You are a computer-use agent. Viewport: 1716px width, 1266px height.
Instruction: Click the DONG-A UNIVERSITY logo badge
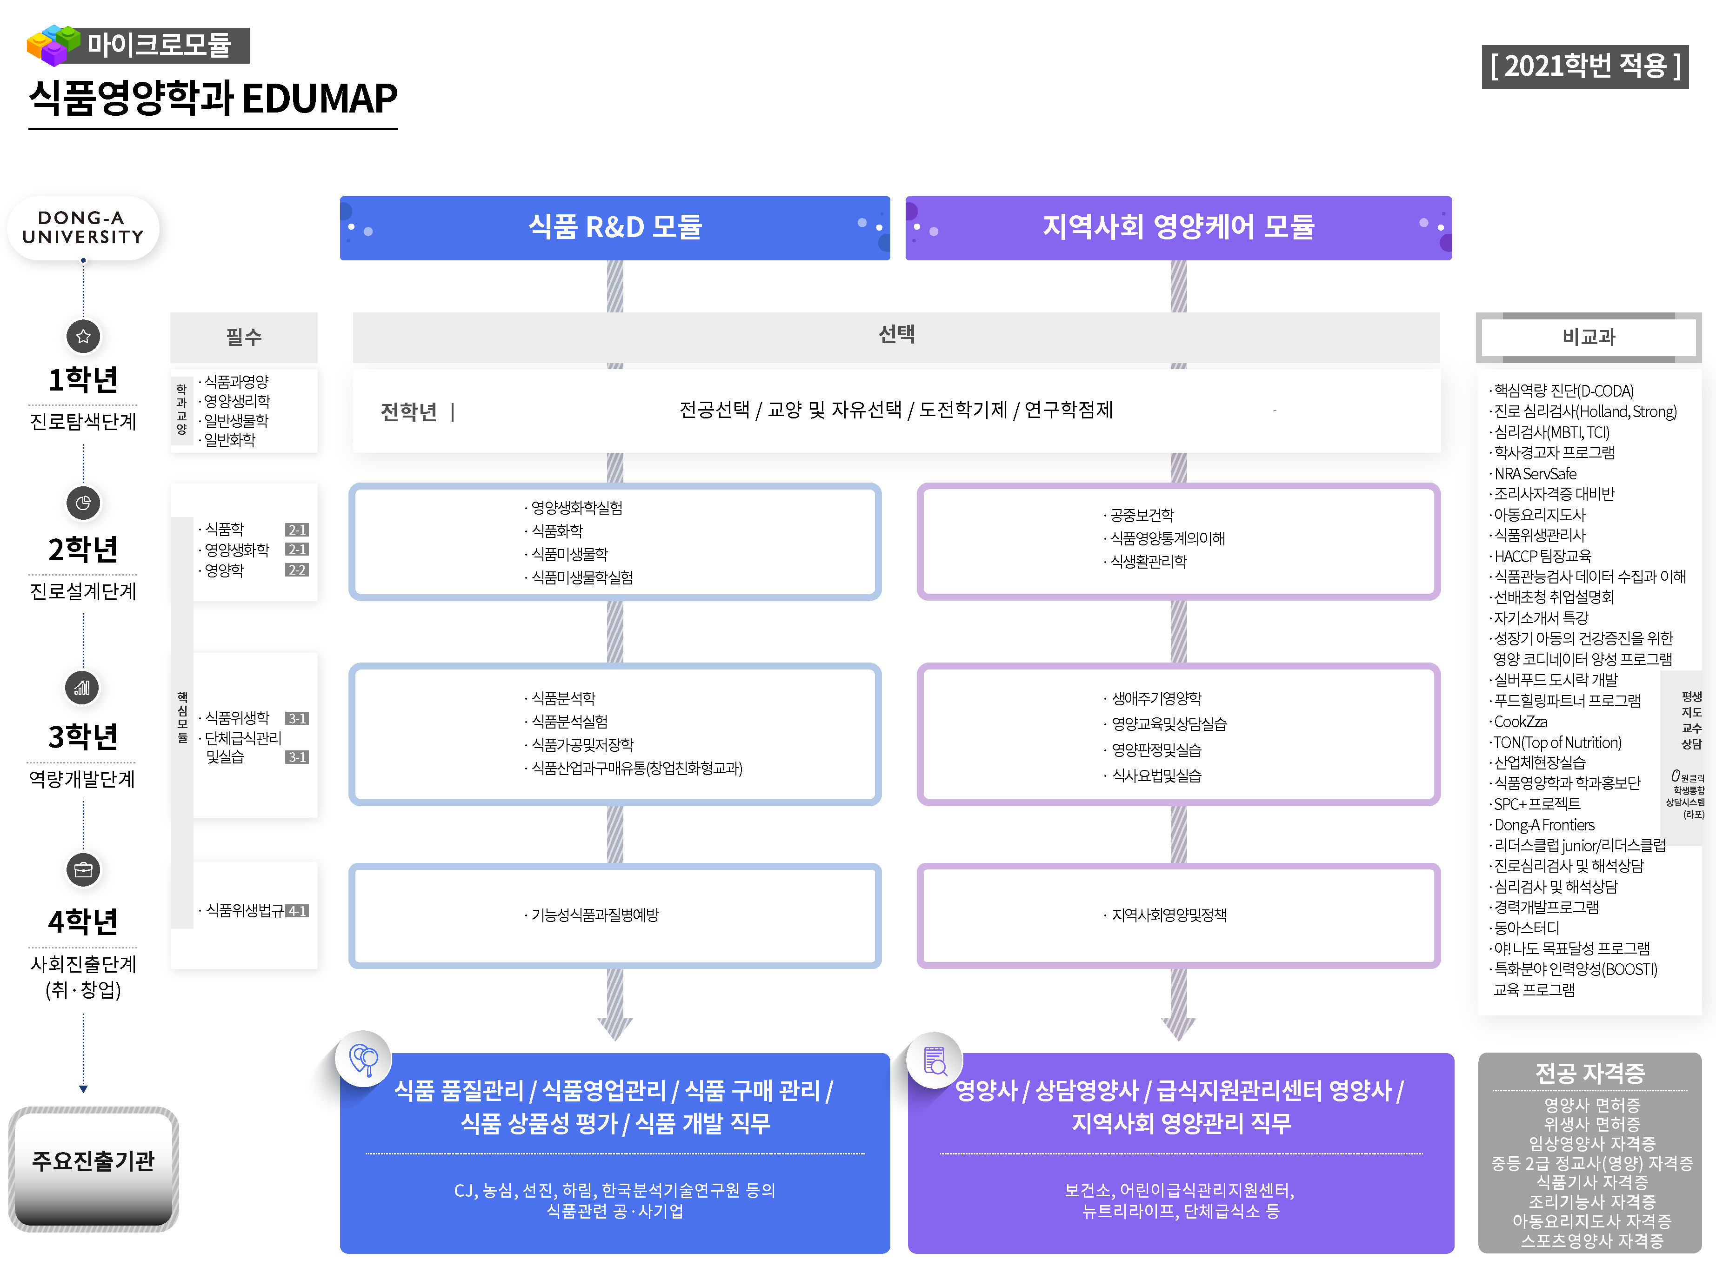83,228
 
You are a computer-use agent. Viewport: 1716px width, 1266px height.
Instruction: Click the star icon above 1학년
84,337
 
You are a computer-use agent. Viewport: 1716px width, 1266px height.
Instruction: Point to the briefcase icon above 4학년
84,870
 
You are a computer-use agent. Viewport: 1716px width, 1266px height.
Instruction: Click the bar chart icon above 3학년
82,688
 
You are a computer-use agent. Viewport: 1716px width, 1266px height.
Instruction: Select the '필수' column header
244,337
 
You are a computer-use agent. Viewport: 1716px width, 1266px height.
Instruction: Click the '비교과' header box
1588,337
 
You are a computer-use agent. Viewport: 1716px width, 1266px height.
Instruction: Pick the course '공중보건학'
1142,515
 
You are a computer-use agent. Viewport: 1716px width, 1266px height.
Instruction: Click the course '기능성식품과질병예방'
595,915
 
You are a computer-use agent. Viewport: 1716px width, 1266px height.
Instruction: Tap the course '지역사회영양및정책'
1168,915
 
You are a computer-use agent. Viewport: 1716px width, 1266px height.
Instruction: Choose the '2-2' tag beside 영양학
297,570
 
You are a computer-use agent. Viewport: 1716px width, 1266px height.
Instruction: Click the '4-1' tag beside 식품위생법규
297,911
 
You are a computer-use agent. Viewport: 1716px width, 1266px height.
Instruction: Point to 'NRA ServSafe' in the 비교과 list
1535,474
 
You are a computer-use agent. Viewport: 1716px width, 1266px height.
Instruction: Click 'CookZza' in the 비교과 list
1521,722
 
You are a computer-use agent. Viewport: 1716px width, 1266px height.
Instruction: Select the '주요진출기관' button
93,1161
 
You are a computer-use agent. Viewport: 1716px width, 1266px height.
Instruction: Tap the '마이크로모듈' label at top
159,45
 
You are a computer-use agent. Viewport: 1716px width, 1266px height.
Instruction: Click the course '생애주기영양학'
1156,698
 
